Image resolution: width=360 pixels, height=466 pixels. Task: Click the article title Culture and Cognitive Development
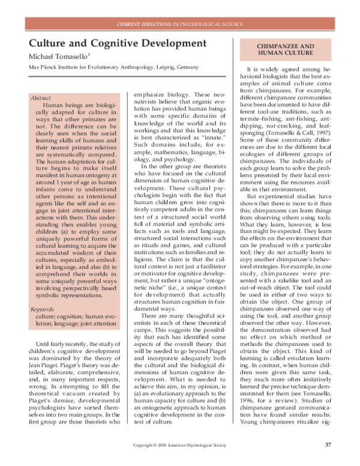click(x=93, y=44)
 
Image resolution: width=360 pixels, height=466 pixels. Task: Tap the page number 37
click(x=328, y=446)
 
